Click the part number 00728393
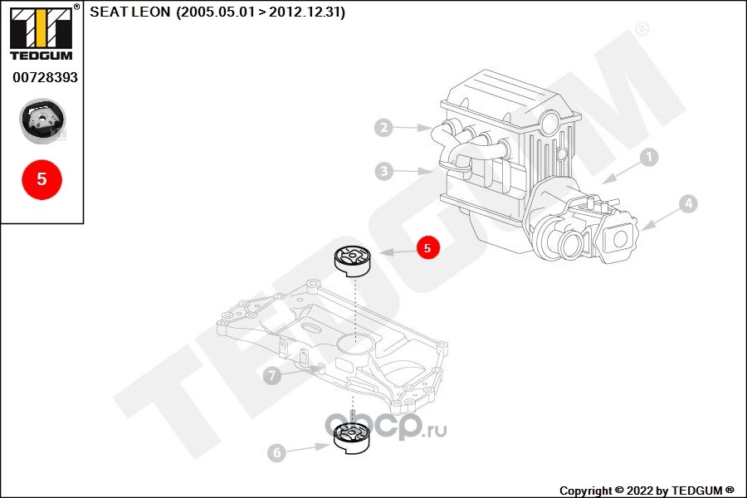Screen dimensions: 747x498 pyautogui.click(x=46, y=77)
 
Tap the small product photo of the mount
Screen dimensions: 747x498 pyautogui.click(x=42, y=121)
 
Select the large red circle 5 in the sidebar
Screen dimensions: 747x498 pyautogui.click(x=42, y=179)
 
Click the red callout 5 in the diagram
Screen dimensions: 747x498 pyautogui.click(x=427, y=248)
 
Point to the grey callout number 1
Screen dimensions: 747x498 pyautogui.click(x=648, y=157)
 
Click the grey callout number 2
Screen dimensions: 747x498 pyautogui.click(x=383, y=127)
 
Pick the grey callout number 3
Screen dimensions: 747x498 pyautogui.click(x=384, y=171)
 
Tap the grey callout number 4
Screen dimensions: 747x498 pyautogui.click(x=688, y=204)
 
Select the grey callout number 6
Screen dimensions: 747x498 pyautogui.click(x=276, y=452)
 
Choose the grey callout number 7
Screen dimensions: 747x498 pyautogui.click(x=272, y=375)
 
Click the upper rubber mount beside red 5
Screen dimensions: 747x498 pyautogui.click(x=352, y=261)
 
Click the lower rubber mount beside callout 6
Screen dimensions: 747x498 pyautogui.click(x=352, y=438)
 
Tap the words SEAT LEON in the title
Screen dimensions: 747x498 pyautogui.click(x=129, y=12)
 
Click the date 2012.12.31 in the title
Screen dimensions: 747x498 pyautogui.click(x=305, y=12)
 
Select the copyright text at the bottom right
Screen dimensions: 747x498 pyautogui.click(x=647, y=491)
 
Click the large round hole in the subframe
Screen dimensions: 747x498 pyautogui.click(x=354, y=342)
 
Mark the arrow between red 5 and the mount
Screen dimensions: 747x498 pyautogui.click(x=398, y=251)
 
